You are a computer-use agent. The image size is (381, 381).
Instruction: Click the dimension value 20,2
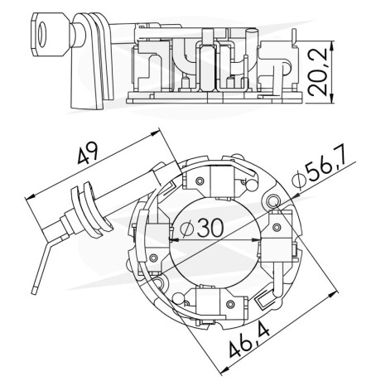(317, 72)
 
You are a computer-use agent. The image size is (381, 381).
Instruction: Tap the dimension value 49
(88, 152)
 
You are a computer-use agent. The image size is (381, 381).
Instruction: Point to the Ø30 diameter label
(201, 228)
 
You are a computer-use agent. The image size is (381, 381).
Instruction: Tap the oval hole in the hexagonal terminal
(42, 34)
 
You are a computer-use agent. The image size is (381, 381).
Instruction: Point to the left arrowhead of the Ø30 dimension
(173, 240)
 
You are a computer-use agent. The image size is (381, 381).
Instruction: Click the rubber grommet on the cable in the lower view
(89, 210)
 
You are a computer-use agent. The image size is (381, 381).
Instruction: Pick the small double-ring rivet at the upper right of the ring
(273, 200)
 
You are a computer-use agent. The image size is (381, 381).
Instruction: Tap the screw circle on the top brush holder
(199, 181)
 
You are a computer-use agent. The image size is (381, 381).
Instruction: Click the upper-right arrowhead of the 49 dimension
(155, 133)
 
